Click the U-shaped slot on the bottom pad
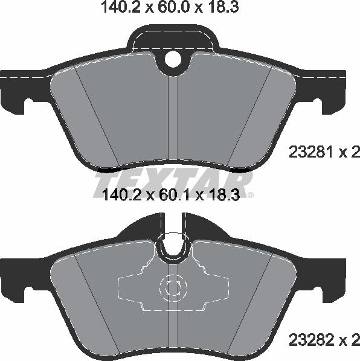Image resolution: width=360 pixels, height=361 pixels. click(x=173, y=246)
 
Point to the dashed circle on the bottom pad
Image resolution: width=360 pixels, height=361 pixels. click(x=173, y=288)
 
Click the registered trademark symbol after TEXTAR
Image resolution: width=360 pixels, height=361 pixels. click(x=251, y=194)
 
